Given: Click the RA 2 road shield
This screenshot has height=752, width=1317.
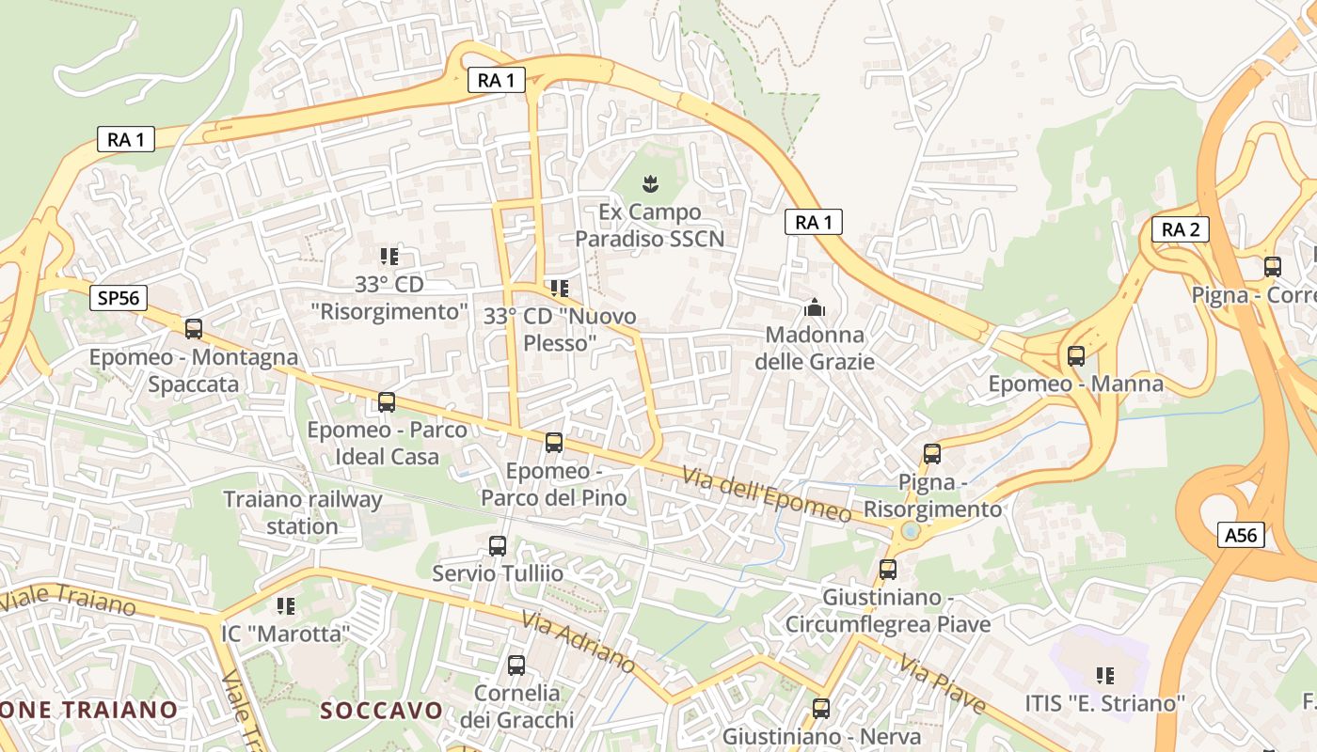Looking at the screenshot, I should pos(1180,228).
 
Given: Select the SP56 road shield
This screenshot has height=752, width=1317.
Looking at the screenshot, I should pos(119,299).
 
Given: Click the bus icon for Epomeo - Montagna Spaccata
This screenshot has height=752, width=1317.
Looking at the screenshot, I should pos(194,329).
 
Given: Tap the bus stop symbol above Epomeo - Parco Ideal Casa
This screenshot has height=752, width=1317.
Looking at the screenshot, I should pos(387,402).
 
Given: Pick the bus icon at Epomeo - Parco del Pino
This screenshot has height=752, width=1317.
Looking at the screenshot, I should pos(554,443).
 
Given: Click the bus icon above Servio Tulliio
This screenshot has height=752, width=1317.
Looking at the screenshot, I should pos(498,545).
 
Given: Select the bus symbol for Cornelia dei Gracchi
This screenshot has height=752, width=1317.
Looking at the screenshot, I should pos(516,666).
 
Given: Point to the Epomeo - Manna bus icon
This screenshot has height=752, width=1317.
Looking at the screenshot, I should pos(1076,356).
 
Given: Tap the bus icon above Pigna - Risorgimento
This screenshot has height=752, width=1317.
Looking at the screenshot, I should pos(932,454).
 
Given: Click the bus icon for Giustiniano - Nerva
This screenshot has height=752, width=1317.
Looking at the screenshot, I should pos(821,708).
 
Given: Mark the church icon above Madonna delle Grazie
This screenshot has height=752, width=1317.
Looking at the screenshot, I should pos(815,307).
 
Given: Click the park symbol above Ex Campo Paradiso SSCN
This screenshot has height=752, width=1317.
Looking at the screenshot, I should pos(650,182).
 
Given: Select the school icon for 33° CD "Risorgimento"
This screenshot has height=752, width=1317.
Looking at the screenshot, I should pos(389,256).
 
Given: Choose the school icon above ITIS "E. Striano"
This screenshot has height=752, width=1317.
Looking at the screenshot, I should pos(1105,675).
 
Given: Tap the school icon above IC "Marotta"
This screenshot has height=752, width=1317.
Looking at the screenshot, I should pos(286,606).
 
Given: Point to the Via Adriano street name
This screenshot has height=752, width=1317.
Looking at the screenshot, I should pos(578,642).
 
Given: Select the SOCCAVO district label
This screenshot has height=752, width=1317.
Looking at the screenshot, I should pos(381,710).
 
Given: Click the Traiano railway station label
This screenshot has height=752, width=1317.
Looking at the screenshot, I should pos(302,512).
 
